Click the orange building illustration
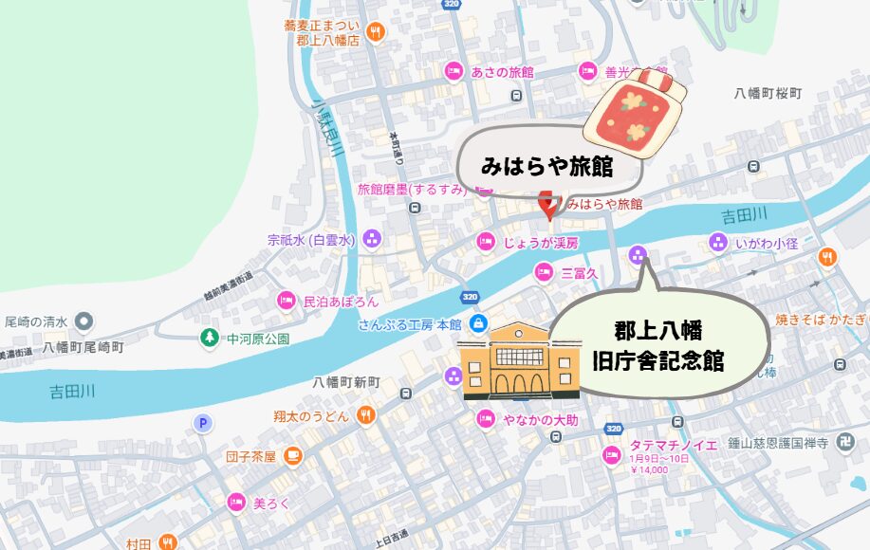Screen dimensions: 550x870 (x=519, y=360)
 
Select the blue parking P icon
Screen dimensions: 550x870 (x=202, y=424)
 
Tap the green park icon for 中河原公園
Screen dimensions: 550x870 (x=209, y=338)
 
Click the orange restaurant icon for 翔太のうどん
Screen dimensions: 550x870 (x=366, y=415)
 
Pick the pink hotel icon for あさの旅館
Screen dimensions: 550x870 (x=454, y=71)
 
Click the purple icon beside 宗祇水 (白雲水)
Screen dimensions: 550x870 (x=372, y=239)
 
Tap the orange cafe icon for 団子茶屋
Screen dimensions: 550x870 (x=293, y=456)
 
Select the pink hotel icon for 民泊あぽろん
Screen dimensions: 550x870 (x=285, y=301)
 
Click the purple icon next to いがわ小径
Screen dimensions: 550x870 (x=717, y=243)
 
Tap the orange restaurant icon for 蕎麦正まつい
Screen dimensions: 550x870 (x=376, y=32)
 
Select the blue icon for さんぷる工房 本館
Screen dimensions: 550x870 (x=479, y=323)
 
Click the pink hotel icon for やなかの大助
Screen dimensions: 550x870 (x=486, y=417)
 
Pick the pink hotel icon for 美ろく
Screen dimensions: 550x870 (x=234, y=503)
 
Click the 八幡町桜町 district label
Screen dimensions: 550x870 (x=768, y=94)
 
